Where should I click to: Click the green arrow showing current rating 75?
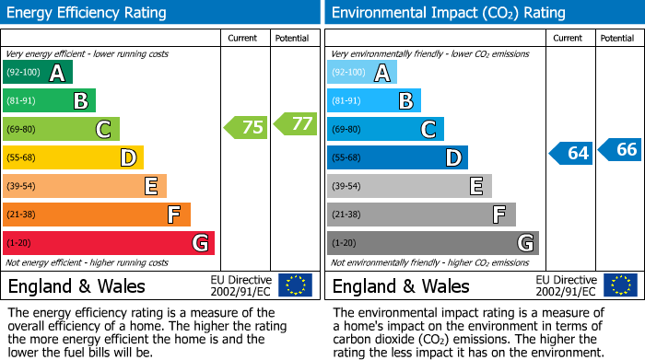[246, 128]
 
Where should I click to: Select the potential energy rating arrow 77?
[295, 123]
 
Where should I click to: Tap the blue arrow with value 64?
[571, 153]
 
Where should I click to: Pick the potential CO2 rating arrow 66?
[620, 149]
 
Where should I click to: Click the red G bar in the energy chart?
[109, 243]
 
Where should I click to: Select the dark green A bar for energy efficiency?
[38, 73]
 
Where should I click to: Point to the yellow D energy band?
[74, 158]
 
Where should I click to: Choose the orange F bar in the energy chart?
[97, 215]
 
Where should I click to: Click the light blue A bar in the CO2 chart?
[362, 73]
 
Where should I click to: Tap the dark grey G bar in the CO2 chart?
[432, 243]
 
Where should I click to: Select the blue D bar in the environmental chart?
[397, 158]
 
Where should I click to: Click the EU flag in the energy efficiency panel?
[295, 285]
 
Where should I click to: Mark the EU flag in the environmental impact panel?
[620, 285]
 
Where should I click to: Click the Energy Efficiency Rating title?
[88, 13]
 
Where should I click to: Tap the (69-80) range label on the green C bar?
[22, 130]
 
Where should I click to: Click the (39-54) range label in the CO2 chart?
[346, 187]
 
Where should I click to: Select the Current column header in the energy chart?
[244, 38]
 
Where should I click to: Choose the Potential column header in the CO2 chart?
[617, 38]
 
